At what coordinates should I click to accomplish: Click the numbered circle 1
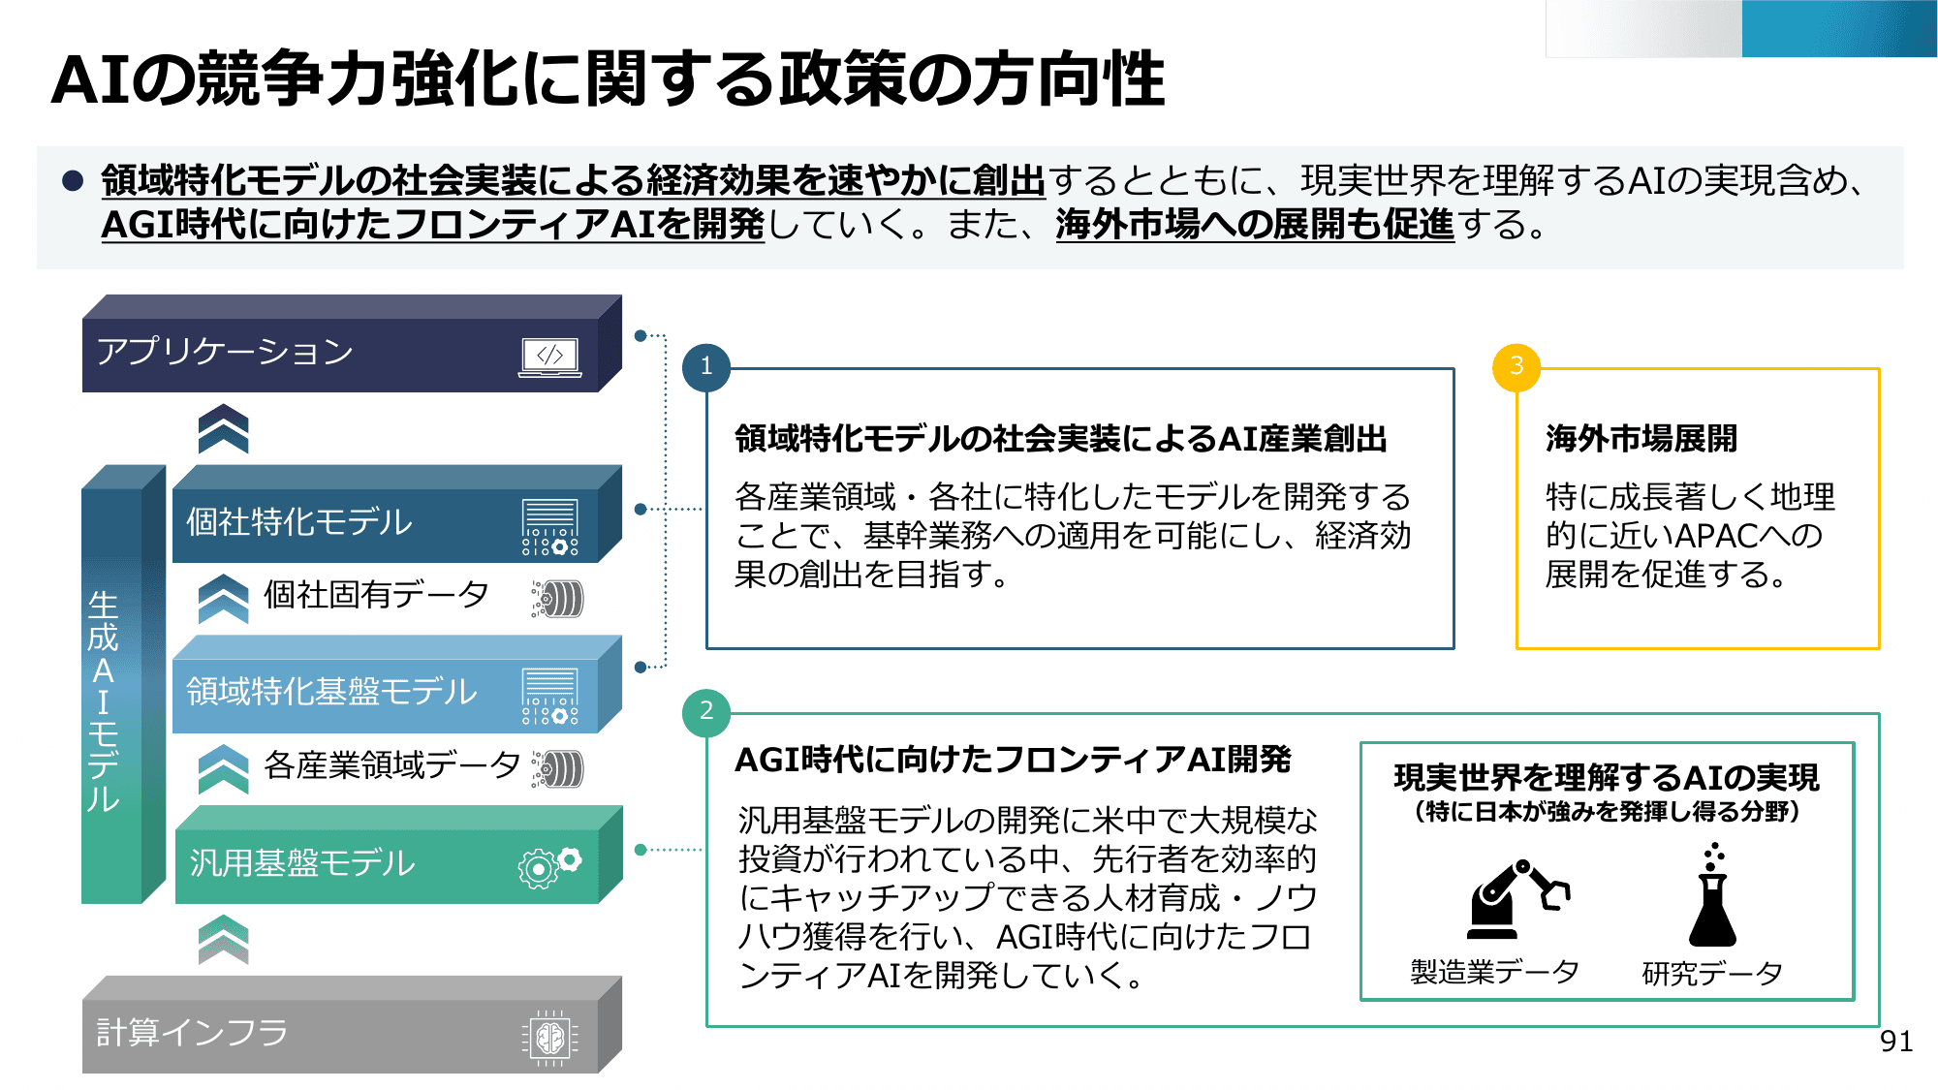tap(706, 366)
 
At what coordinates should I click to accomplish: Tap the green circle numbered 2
tap(706, 711)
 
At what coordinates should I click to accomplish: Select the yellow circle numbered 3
tap(1516, 366)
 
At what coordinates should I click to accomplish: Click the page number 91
tap(1895, 1042)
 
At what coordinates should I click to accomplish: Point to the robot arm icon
tap(1516, 899)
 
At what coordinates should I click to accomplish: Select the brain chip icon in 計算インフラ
tap(549, 1038)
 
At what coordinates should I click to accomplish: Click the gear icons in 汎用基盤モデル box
tap(549, 865)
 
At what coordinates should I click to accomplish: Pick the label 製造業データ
tap(1494, 972)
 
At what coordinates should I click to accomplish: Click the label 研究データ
tap(1712, 973)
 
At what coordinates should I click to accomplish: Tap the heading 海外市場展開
tap(1641, 438)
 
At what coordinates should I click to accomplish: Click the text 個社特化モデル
tap(298, 522)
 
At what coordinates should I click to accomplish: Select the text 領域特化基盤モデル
tap(331, 692)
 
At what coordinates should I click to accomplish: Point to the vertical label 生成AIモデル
tap(104, 701)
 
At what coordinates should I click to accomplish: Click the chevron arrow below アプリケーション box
tap(223, 429)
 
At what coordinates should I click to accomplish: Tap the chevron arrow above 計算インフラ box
tap(223, 939)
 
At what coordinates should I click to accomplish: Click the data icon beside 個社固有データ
tap(558, 599)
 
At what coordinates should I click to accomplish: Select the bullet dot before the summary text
tap(73, 181)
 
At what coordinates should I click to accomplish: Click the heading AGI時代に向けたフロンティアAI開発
tap(1013, 760)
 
